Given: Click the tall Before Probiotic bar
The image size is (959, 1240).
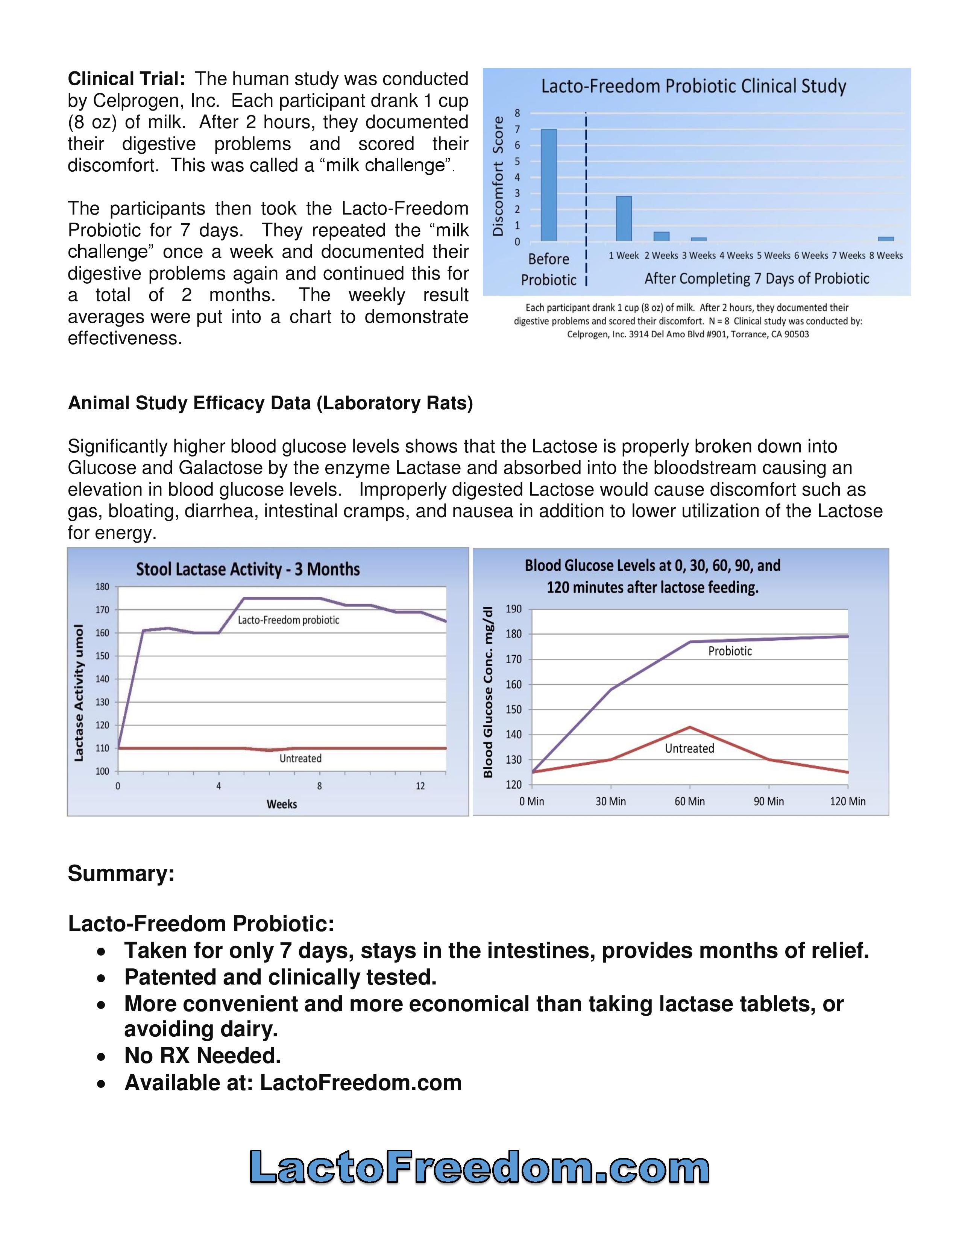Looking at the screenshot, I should click(548, 185).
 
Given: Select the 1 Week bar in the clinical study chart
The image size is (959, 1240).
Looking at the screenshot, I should click(624, 219).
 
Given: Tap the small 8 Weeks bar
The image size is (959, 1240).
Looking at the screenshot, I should click(886, 239).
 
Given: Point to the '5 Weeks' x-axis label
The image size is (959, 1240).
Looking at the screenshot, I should click(773, 256).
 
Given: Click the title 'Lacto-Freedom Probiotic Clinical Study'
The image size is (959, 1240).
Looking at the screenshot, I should click(693, 86).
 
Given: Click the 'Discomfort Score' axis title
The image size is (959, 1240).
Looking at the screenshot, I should click(498, 176).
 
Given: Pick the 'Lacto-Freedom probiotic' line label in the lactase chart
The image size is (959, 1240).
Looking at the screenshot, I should click(288, 620).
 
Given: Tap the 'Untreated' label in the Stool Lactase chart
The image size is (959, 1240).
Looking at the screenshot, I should click(300, 759).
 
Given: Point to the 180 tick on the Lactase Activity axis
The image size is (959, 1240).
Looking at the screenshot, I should click(102, 587).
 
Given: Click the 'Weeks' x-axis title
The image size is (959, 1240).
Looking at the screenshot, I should click(282, 804).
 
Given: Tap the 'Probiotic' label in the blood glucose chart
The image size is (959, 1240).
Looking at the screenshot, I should click(730, 651).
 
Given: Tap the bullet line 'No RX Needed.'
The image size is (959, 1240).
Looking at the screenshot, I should click(203, 1056).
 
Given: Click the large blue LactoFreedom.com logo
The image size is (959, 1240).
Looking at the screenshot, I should click(479, 1166).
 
